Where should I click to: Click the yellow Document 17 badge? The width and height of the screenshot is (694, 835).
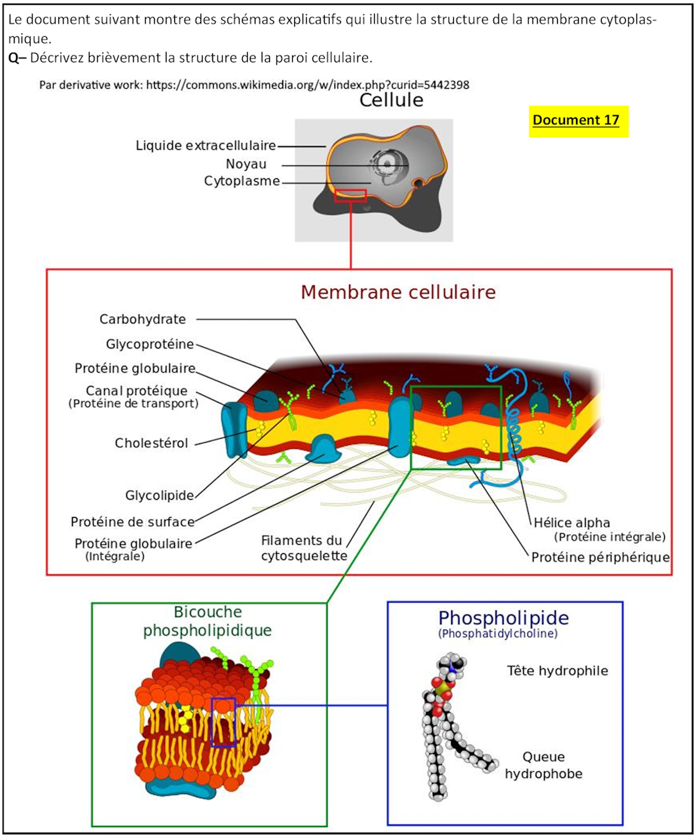click(578, 120)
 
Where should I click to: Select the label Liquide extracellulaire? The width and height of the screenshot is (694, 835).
click(206, 146)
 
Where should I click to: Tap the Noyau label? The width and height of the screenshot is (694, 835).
click(246, 164)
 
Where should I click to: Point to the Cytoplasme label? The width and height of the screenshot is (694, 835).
click(242, 181)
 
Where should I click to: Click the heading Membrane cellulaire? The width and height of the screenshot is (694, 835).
click(398, 292)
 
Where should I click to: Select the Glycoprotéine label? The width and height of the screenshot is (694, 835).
click(150, 344)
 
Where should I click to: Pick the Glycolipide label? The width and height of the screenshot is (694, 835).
click(159, 496)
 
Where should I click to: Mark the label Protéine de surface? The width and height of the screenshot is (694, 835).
click(133, 521)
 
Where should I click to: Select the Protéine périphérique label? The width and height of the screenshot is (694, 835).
click(600, 557)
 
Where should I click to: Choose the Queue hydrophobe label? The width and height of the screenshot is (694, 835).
click(543, 765)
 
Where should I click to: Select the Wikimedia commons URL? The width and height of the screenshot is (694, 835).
click(255, 85)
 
